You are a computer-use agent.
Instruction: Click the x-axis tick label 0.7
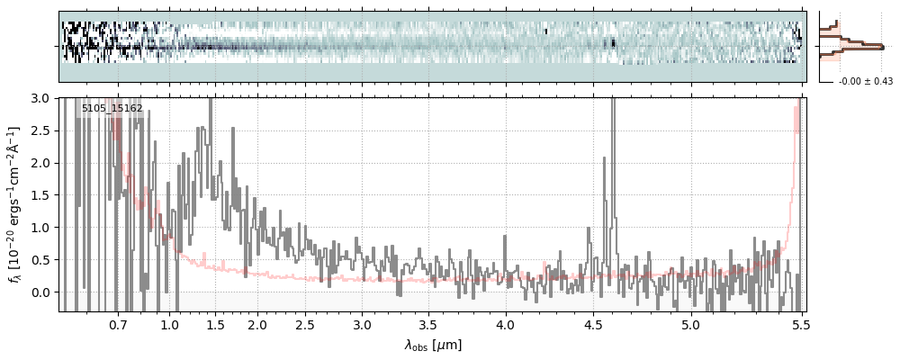point(118,324)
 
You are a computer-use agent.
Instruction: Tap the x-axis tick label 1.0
point(170,324)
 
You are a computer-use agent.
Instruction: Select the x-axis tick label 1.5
point(215,324)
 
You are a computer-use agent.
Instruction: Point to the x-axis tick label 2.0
point(257,324)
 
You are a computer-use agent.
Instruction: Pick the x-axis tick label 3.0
point(362,324)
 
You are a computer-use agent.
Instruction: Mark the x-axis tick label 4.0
point(505,324)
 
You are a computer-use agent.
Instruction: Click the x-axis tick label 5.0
point(690,324)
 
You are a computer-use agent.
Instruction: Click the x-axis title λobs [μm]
point(433,345)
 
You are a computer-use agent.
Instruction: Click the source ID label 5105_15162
point(112,109)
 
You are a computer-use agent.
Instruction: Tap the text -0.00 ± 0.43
point(859,82)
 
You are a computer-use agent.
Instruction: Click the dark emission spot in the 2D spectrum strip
point(615,41)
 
